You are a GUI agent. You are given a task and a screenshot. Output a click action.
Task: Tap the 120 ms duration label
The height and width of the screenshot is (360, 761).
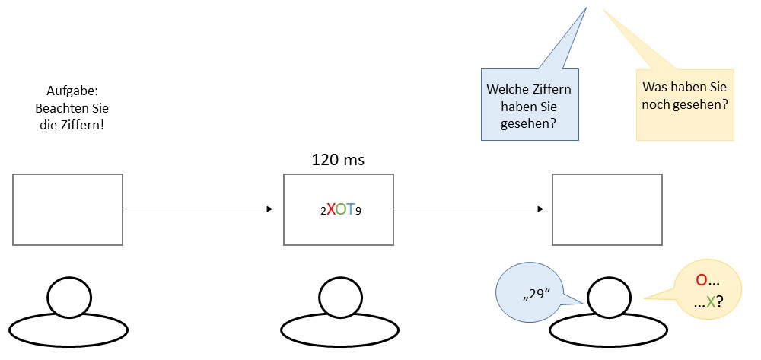pyautogui.click(x=339, y=160)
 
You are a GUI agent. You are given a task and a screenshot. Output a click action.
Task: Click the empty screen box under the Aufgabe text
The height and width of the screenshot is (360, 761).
pyautogui.click(x=68, y=209)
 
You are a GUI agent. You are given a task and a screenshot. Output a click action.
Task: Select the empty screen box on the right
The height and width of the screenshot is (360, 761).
pyautogui.click(x=607, y=209)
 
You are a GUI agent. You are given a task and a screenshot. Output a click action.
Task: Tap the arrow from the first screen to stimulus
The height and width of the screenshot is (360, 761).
pyautogui.click(x=198, y=209)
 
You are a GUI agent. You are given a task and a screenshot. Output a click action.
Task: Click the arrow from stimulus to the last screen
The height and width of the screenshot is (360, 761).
pyautogui.click(x=469, y=209)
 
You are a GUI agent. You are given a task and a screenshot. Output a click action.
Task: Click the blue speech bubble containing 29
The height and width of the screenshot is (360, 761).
pyautogui.click(x=533, y=293)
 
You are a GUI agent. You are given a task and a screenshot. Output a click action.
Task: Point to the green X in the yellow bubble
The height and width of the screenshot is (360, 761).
pyautogui.click(x=711, y=302)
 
